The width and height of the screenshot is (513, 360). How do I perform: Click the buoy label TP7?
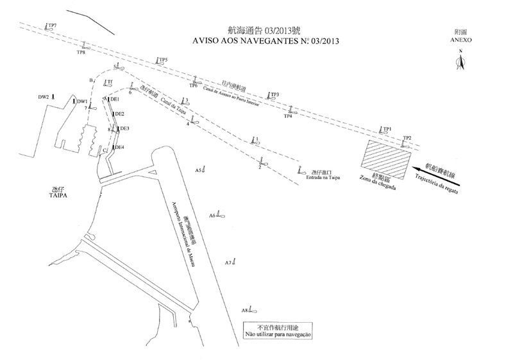coord(53,25)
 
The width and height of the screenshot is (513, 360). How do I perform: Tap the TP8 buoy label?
coord(81,53)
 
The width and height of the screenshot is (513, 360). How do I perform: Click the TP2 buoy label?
coord(407,139)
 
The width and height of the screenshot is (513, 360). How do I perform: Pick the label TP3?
coord(274,94)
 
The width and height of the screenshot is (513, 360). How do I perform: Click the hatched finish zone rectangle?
coord(387,160)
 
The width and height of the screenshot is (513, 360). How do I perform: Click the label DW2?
coord(43,97)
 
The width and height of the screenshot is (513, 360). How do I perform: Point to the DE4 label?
coord(119,147)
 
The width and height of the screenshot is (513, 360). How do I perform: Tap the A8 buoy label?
coord(245,311)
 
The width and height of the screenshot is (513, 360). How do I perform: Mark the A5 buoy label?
coord(199,169)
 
